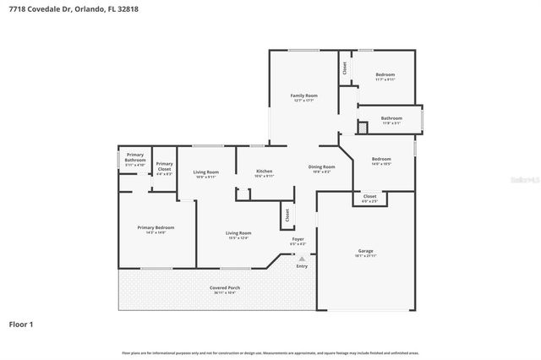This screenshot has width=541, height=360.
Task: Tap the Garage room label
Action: point(365,251)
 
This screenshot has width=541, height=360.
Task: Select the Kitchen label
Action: point(265,172)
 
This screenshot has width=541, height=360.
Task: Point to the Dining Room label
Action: point(322,167)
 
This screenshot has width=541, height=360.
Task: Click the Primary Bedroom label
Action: point(156,227)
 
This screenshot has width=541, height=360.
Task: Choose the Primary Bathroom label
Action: point(135,157)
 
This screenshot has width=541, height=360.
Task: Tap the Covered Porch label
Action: point(225,288)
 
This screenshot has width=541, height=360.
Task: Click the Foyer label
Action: point(298,239)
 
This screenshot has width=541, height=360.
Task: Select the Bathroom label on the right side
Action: point(391,118)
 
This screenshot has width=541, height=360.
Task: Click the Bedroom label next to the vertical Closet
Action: point(385,74)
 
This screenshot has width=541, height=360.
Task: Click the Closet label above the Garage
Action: point(369,196)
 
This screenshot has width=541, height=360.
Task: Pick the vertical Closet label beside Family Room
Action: point(345,68)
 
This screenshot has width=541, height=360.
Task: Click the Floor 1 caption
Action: point(21,324)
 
